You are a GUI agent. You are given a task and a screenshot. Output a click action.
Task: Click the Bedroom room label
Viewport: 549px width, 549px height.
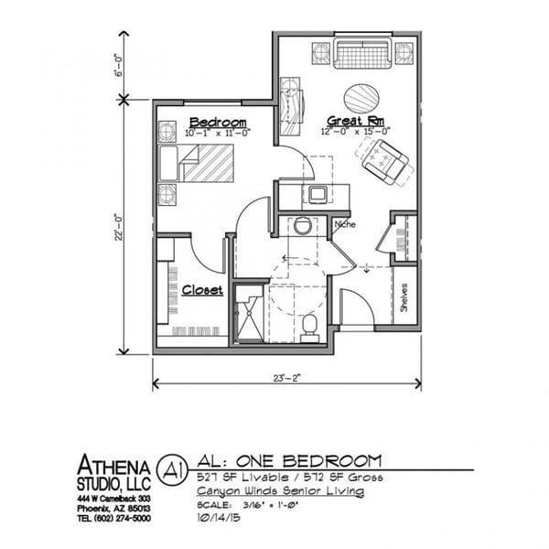click(218, 123)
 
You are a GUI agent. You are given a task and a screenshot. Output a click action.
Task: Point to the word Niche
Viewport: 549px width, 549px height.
click(345, 224)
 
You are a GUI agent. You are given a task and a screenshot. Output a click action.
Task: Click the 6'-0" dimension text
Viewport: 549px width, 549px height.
click(115, 67)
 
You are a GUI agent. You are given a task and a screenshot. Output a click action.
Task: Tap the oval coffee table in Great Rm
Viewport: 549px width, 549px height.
click(360, 97)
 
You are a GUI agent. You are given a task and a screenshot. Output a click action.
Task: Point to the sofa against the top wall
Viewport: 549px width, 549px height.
click(363, 52)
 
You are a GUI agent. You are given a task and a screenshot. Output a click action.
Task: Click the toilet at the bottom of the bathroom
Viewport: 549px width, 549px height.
click(309, 323)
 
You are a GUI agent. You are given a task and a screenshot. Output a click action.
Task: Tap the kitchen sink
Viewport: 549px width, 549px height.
click(318, 193)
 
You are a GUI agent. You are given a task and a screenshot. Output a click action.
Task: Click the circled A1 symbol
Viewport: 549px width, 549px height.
click(169, 468)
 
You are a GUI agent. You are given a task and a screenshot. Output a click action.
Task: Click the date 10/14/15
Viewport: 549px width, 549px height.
click(219, 518)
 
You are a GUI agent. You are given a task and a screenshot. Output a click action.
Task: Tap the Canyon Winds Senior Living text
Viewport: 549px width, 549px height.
click(280, 491)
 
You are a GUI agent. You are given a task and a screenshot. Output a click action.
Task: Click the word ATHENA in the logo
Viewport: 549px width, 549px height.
click(113, 463)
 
